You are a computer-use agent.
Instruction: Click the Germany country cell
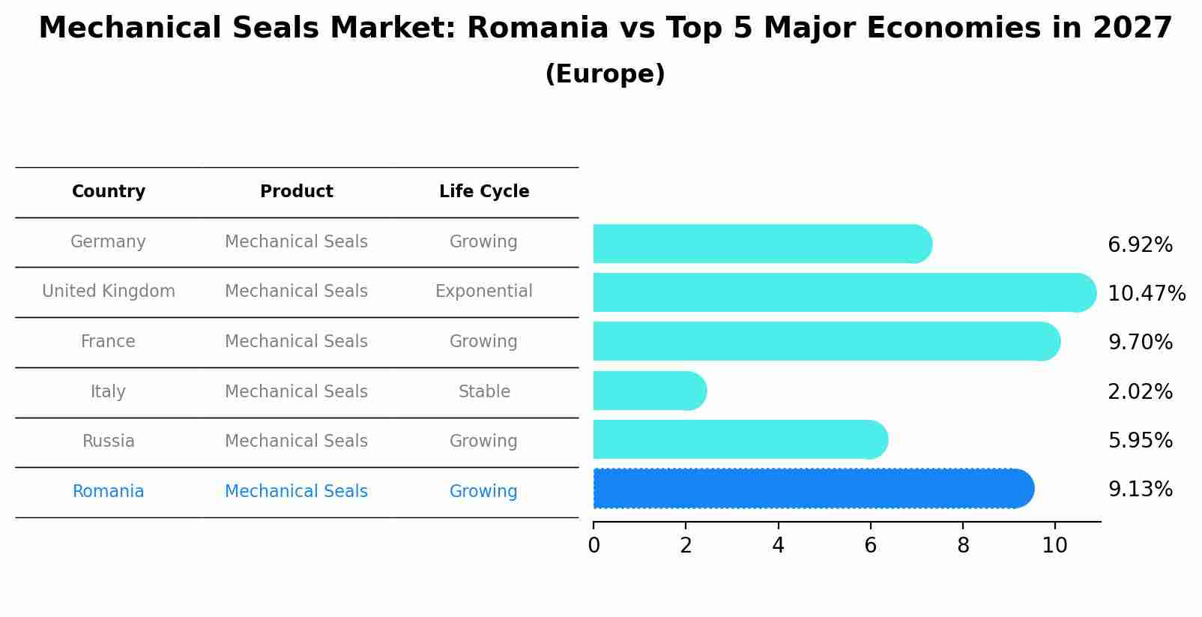pyautogui.click(x=108, y=242)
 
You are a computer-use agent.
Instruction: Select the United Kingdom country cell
pyautogui.click(x=109, y=292)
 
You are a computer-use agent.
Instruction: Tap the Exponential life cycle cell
pyautogui.click(x=483, y=292)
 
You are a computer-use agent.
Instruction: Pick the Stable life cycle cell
pyautogui.click(x=484, y=392)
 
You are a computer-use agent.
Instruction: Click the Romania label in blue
pyautogui.click(x=108, y=492)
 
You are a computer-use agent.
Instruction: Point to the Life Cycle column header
pyautogui.click(x=484, y=192)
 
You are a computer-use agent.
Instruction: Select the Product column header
pyautogui.click(x=296, y=192)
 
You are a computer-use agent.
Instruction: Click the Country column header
pyautogui.click(x=108, y=192)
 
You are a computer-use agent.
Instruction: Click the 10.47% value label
pyautogui.click(x=1146, y=294)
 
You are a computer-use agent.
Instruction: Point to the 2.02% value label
pyautogui.click(x=1140, y=392)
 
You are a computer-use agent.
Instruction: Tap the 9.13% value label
pyautogui.click(x=1140, y=490)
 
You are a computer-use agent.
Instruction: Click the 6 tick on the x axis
pyautogui.click(x=870, y=545)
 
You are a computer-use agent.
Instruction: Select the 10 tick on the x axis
pyautogui.click(x=1054, y=545)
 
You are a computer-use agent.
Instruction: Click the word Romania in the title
pyautogui.click(x=537, y=28)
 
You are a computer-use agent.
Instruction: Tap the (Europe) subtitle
pyautogui.click(x=605, y=74)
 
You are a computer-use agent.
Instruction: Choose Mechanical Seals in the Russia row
pyautogui.click(x=296, y=442)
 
